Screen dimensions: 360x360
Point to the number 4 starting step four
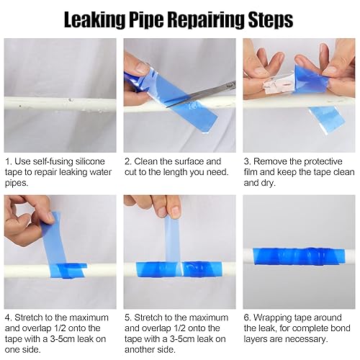[8, 318]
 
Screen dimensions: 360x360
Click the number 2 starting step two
[128, 162]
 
